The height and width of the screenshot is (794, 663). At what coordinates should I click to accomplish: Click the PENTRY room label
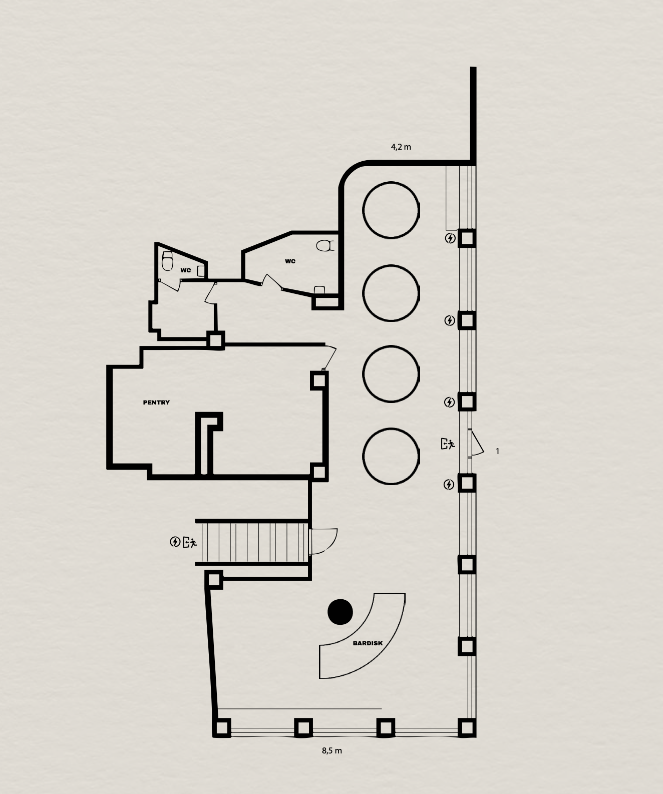point(156,403)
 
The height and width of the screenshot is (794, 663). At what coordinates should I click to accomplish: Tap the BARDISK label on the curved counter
point(368,643)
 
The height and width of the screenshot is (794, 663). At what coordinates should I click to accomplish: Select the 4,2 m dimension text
point(401,147)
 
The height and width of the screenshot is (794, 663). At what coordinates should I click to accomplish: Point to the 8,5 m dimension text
point(331,750)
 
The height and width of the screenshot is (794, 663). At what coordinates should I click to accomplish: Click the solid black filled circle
point(340,612)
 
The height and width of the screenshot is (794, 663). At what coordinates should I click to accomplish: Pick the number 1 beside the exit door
point(497,451)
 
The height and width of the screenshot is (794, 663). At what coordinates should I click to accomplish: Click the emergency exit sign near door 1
point(448,444)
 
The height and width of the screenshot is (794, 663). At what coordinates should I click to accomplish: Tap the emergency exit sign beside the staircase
point(190,542)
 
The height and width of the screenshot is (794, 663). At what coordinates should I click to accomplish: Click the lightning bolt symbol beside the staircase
point(175,542)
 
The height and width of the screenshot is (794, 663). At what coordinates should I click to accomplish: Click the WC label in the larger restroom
point(290,261)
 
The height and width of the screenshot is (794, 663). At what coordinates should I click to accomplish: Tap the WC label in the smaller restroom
point(186,270)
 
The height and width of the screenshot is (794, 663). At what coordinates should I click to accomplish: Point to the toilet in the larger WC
point(325,246)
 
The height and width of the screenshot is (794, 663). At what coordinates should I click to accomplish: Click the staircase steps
point(254,542)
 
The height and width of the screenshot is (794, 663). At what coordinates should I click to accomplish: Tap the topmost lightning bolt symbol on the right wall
point(450,238)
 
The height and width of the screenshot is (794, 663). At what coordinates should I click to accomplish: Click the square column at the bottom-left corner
point(221,728)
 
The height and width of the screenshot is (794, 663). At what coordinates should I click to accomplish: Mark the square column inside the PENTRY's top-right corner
point(319,380)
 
